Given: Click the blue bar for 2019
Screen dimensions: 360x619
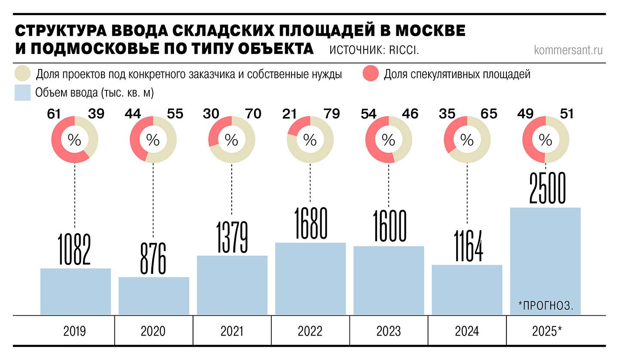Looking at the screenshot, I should click(x=75, y=292).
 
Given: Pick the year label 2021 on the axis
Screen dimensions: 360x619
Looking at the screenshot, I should click(x=232, y=331).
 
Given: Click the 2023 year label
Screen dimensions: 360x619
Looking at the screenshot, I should click(x=389, y=331).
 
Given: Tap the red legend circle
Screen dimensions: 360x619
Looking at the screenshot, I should click(x=370, y=74).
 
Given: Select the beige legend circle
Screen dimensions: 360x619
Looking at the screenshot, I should click(x=22, y=74).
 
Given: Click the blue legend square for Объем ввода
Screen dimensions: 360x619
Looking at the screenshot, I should click(x=22, y=92).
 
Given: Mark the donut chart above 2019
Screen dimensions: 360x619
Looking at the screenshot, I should click(x=75, y=140).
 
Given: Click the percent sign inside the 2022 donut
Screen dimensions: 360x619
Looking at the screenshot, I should click(x=310, y=140).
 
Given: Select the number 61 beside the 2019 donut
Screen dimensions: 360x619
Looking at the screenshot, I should click(x=54, y=114).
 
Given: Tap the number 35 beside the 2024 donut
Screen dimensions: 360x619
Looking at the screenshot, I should click(x=447, y=114).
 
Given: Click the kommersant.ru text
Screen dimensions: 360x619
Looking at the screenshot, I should click(x=568, y=50).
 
